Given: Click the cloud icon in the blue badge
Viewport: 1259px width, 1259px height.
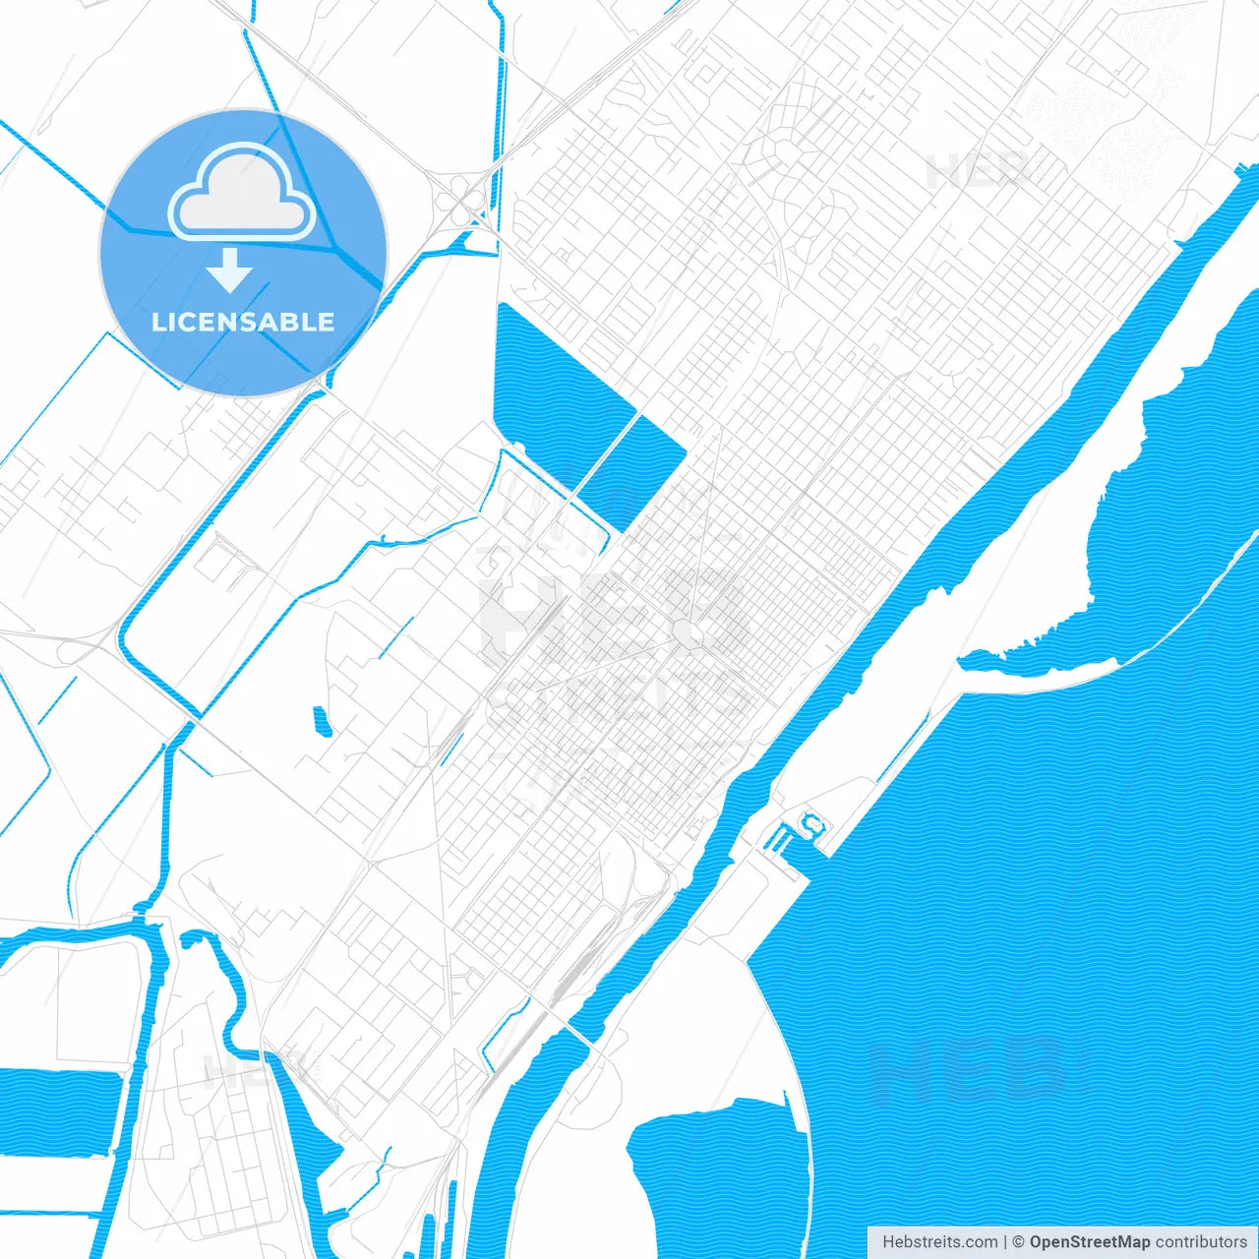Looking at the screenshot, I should pos(242,194).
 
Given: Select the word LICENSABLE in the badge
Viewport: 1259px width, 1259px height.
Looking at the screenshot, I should pos(243,322).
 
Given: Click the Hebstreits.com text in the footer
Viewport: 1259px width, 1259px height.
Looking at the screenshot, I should pos(939,1242).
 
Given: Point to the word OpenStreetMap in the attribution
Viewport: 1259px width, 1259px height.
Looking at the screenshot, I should pos(1089,1242).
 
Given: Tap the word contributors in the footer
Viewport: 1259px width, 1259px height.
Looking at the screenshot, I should pos(1201,1242).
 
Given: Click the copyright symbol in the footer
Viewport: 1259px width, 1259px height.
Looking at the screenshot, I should pos(1019,1242).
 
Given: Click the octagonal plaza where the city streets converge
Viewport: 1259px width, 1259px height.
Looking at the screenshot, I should pos(692,634).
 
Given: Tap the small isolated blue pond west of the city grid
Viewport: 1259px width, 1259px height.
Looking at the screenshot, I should pos(321,721).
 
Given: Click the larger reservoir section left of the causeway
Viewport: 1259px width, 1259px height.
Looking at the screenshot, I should pos(551,393).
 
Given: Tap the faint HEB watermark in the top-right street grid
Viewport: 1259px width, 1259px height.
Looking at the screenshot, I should pos(979,172).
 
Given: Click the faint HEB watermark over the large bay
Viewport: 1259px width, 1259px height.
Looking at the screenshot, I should pos(969,1072).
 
